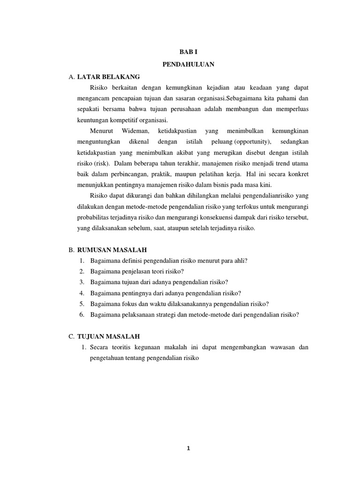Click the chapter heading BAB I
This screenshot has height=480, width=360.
click(188, 52)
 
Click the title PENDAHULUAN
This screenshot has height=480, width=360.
click(188, 65)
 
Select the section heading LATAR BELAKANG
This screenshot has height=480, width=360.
click(108, 76)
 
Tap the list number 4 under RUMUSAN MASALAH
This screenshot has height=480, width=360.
click(82, 293)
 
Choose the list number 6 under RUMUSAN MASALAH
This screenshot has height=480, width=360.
click(82, 315)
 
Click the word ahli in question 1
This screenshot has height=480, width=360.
click(241, 261)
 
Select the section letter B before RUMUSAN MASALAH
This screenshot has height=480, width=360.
click(71, 250)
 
